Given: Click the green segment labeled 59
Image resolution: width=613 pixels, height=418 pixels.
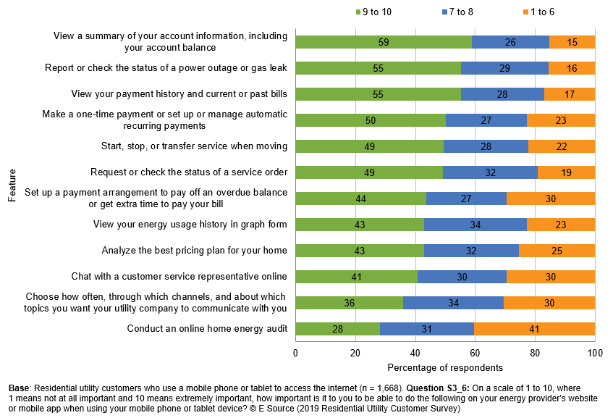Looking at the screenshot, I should (384, 42).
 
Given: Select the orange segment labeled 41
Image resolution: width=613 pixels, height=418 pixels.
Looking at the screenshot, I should (534, 329).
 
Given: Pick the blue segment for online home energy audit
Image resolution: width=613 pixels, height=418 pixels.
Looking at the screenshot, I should (426, 329).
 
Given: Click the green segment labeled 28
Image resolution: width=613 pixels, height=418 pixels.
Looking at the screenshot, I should (337, 329).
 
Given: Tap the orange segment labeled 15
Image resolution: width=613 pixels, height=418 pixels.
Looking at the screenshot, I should (572, 42).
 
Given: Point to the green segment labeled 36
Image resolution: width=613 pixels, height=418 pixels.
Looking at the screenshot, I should (349, 303).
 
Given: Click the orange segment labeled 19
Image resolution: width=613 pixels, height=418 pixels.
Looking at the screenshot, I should (566, 172).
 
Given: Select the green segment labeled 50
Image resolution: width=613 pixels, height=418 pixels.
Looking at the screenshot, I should (370, 120).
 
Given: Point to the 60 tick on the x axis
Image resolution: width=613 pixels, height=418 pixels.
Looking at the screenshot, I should (475, 353).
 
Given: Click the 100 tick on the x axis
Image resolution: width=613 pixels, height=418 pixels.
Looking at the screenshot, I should (594, 353).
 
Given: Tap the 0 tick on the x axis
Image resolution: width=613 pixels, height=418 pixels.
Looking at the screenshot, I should (295, 353).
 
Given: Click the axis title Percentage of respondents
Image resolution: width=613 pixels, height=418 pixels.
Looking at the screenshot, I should (444, 367).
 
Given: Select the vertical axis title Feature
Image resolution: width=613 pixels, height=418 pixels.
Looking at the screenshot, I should (12, 185).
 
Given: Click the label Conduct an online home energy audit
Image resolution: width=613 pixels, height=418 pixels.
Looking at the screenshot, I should (207, 329).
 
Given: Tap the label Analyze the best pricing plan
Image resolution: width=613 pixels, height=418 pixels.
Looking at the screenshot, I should (195, 251).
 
